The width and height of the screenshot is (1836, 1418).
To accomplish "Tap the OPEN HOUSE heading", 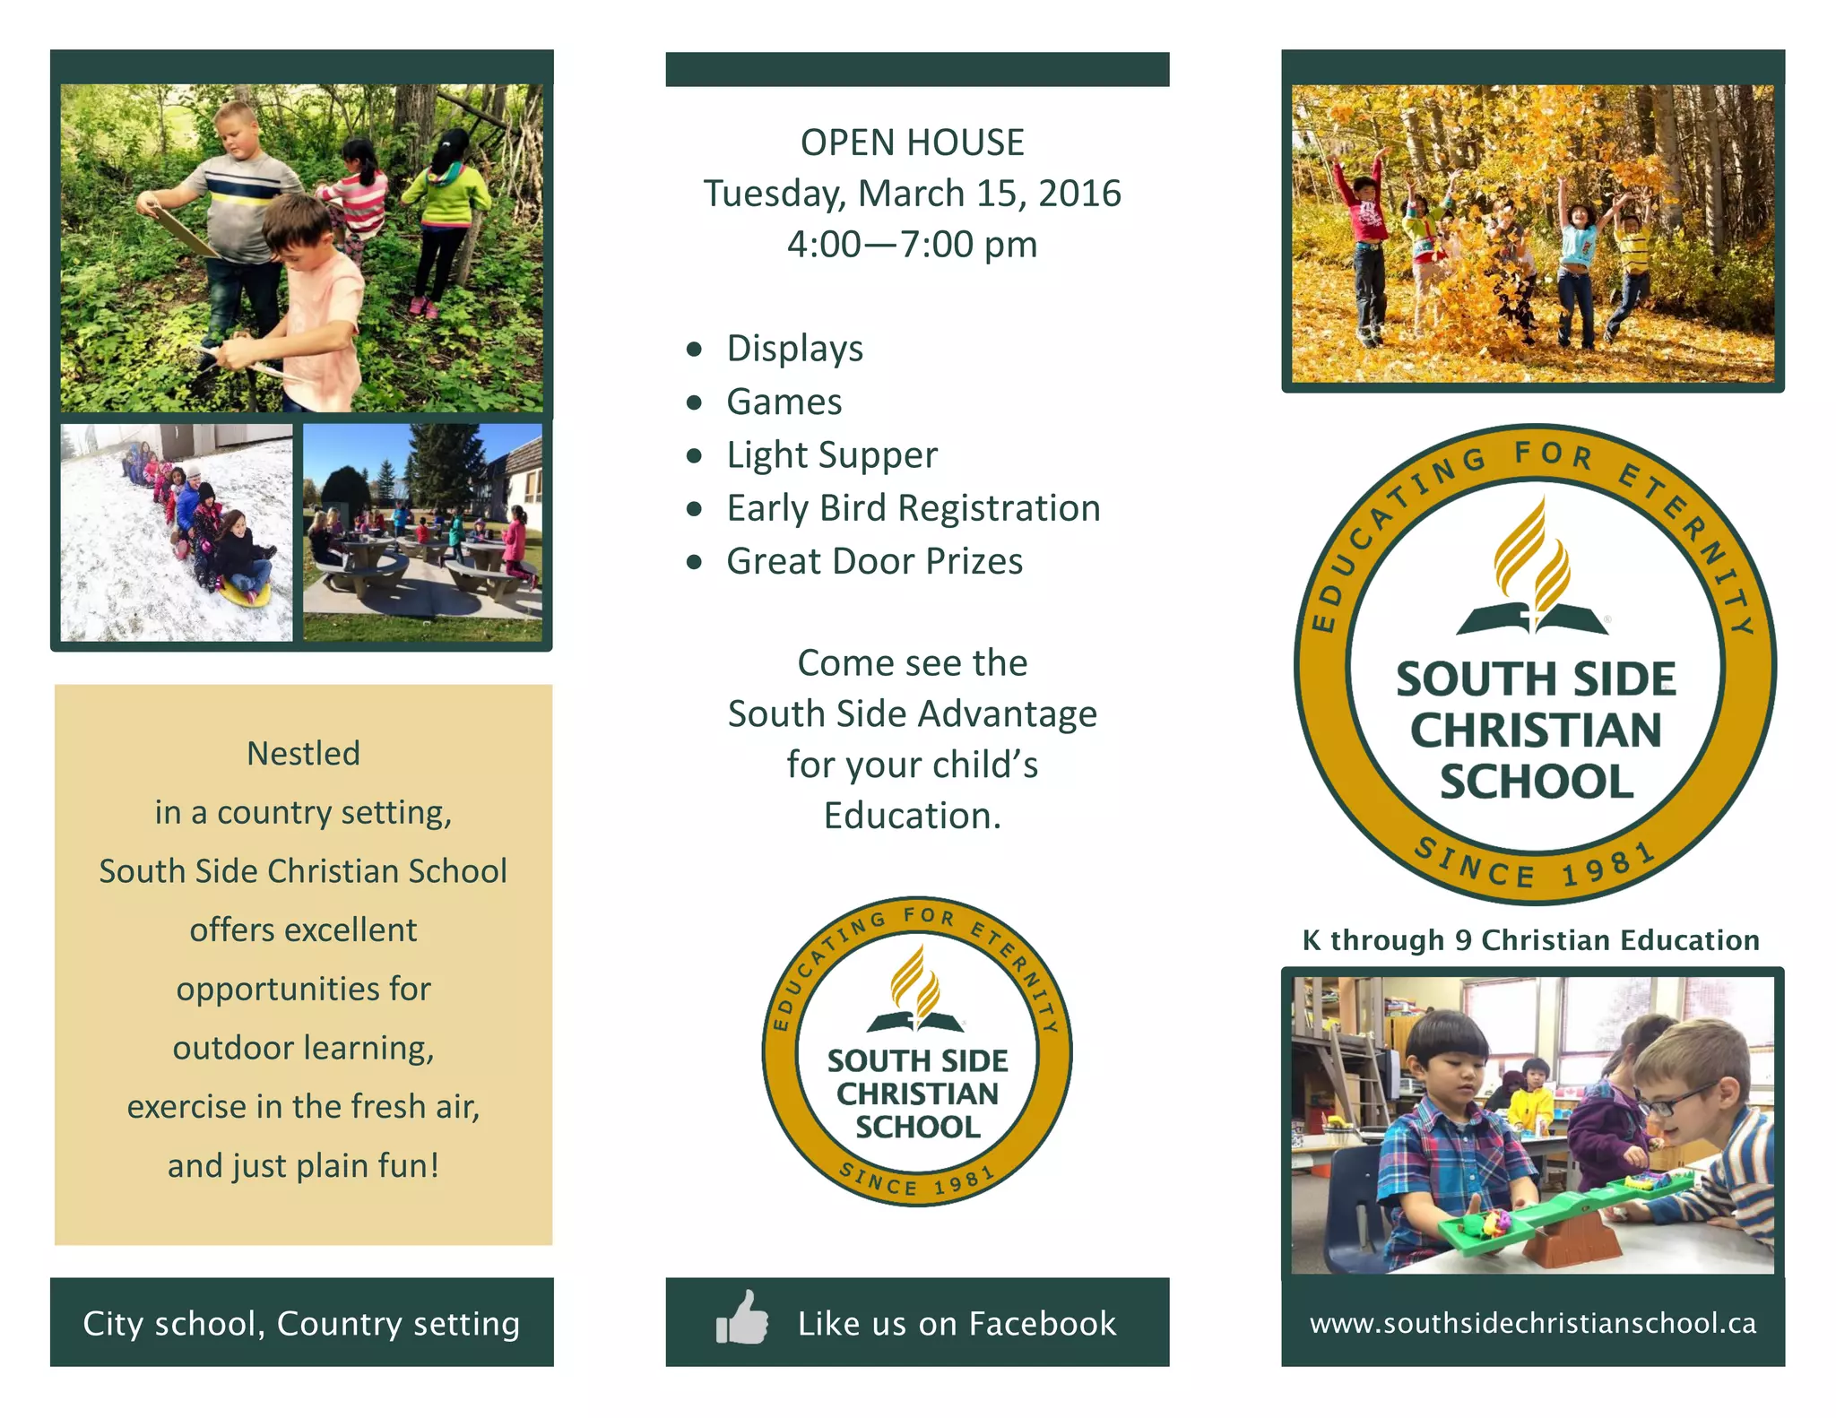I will tap(912, 143).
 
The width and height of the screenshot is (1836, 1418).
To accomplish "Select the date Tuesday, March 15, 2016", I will tap(912, 194).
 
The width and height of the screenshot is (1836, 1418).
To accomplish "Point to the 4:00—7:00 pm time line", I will tap(912, 244).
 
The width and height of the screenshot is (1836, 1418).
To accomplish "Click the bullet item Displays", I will tap(794, 348).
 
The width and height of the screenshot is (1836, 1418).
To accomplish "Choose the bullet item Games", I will tap(784, 402).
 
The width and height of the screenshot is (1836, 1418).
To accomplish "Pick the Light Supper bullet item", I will tap(831, 454).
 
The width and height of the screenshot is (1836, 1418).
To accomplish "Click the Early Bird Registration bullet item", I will tap(913, 508).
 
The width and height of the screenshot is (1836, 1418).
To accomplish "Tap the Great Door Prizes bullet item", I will tap(874, 561).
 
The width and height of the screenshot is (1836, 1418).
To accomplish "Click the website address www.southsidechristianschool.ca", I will tap(1532, 1323).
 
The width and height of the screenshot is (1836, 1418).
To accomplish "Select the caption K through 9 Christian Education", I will tap(1530, 939).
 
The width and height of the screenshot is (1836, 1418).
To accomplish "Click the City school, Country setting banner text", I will tap(301, 1323).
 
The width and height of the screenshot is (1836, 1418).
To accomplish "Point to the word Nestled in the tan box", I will tap(303, 753).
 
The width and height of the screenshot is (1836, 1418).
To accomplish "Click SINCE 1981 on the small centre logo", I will tap(917, 1180).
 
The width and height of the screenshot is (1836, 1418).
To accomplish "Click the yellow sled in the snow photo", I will tap(244, 592).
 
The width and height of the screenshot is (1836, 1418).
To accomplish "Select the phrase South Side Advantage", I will tap(912, 713).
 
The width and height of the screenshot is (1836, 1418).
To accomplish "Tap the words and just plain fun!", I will tap(303, 1165).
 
